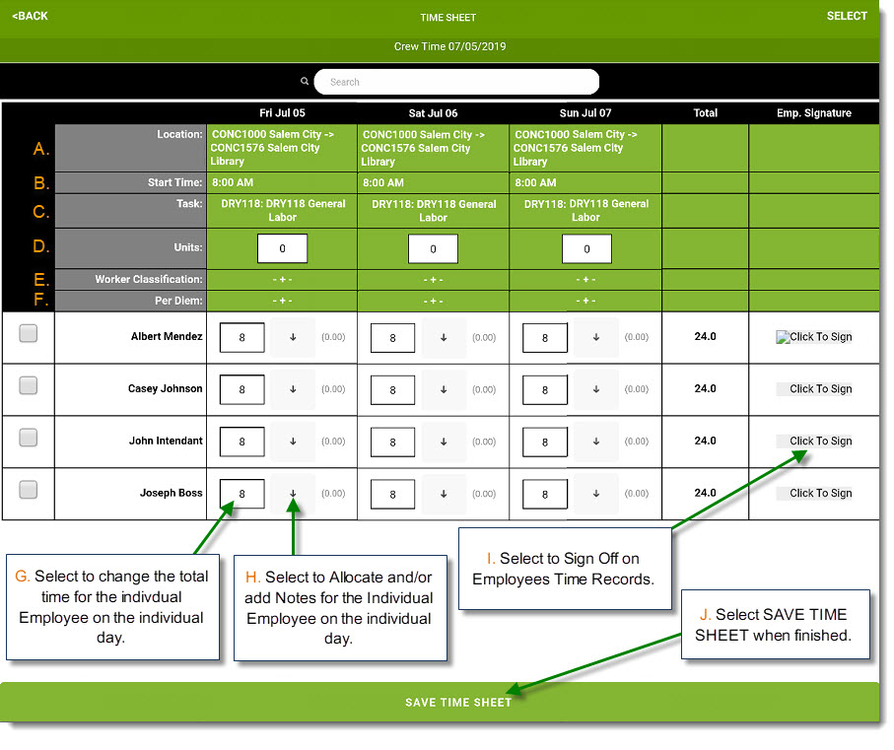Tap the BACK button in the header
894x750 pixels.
point(31,16)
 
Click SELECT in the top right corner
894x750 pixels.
point(847,16)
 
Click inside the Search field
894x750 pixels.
point(456,82)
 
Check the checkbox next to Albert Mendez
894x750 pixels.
point(28,333)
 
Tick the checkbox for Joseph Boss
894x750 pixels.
point(28,489)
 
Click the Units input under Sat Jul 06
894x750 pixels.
point(433,248)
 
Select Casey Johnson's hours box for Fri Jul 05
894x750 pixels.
point(241,390)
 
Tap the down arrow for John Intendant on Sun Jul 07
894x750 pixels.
point(596,442)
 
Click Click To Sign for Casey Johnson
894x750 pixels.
point(820,388)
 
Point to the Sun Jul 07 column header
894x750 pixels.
point(585,112)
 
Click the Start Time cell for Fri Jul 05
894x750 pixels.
point(282,182)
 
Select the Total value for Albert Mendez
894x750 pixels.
point(706,336)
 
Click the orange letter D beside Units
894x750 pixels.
point(40,246)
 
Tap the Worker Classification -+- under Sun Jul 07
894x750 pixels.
point(585,279)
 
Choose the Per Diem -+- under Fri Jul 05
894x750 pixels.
point(282,301)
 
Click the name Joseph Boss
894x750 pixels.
point(172,493)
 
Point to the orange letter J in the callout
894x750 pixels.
point(705,615)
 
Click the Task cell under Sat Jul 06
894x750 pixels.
point(434,210)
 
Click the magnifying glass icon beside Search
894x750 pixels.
point(305,82)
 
